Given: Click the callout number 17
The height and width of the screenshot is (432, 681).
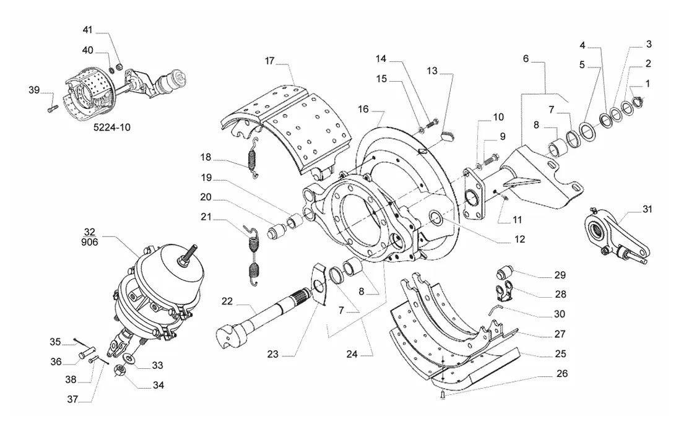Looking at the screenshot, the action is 270,61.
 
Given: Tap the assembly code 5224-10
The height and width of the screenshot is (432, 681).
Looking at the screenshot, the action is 112,127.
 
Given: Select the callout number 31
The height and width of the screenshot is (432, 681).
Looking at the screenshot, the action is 647,209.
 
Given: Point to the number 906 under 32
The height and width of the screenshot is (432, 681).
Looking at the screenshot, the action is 90,242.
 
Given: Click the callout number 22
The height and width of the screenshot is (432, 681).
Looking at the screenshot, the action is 227,301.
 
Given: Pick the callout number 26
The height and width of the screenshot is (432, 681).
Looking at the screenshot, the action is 562,373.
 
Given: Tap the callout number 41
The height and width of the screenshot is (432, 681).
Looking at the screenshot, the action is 88,30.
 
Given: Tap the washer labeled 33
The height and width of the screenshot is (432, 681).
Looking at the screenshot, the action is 129,358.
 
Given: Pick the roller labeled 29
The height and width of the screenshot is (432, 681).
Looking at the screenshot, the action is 505,274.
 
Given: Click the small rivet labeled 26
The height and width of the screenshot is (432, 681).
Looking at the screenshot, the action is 442,395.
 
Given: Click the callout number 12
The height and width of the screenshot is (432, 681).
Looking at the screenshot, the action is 519,240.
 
